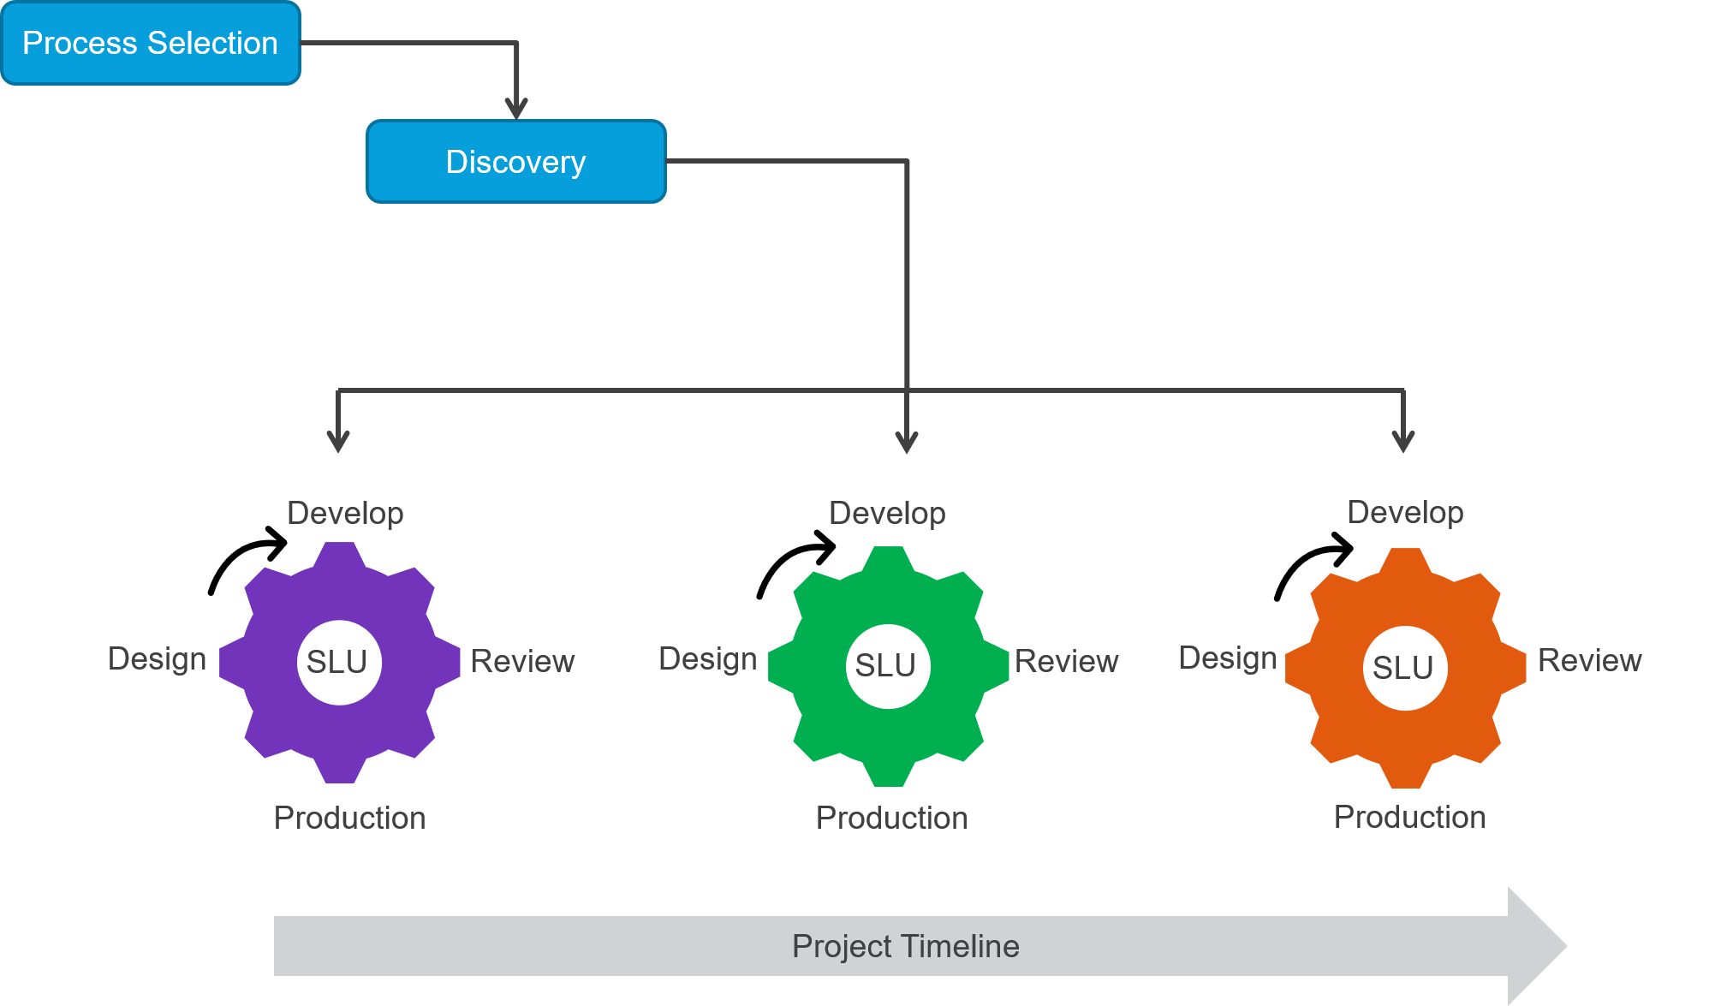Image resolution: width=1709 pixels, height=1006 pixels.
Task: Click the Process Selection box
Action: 151,43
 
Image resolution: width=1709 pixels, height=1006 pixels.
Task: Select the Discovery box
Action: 516,162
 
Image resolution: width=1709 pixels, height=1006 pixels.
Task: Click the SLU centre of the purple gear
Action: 338,662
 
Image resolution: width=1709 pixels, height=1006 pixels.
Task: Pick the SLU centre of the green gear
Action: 887,665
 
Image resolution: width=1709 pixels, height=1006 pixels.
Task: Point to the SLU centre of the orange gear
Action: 1404,668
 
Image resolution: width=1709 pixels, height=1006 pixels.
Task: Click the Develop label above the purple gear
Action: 345,513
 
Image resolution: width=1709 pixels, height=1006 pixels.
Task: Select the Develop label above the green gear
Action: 887,513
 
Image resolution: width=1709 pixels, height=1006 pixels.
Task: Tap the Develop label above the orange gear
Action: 1405,512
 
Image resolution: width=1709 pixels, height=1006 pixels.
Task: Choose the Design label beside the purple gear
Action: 158,659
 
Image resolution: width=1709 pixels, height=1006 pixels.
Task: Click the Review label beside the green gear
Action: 1067,661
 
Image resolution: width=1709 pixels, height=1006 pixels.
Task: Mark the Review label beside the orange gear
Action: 1590,660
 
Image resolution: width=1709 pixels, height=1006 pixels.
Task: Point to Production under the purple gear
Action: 349,818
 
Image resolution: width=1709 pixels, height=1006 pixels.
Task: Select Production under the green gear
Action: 891,818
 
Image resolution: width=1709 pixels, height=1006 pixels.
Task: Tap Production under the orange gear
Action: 1409,817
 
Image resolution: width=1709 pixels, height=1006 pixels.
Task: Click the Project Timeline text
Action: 905,946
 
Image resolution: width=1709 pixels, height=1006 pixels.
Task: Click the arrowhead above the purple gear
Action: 338,442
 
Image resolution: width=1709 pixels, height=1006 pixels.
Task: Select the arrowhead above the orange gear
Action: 1403,442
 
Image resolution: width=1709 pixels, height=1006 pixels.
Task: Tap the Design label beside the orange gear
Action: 1228,658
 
